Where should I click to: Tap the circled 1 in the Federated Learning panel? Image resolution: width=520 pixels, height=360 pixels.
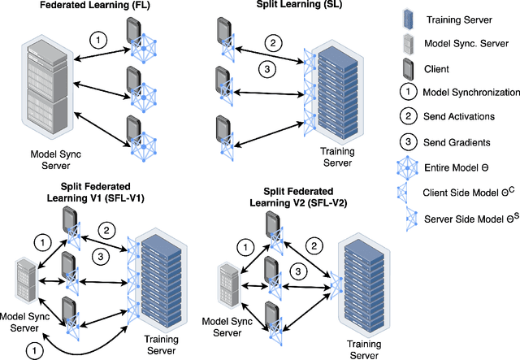[x=97, y=39]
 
